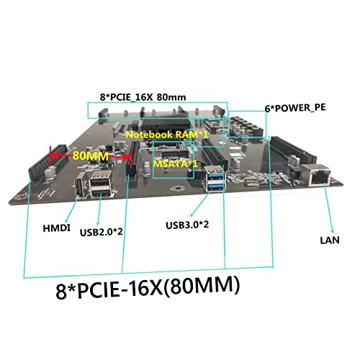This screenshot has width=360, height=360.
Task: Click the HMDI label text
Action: click(57, 228)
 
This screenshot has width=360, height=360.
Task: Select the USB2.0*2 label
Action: click(102, 232)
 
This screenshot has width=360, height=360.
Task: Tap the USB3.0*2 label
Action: click(187, 225)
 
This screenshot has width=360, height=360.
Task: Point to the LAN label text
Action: click(330, 240)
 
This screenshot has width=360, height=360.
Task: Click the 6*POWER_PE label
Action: click(295, 108)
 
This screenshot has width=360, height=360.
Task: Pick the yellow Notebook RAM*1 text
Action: click(167, 135)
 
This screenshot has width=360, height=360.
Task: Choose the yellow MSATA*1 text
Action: click(176, 164)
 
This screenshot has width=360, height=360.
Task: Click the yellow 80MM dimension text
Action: click(91, 156)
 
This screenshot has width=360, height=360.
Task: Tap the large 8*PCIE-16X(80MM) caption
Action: click(148, 287)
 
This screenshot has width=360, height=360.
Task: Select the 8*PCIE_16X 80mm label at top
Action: click(143, 97)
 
